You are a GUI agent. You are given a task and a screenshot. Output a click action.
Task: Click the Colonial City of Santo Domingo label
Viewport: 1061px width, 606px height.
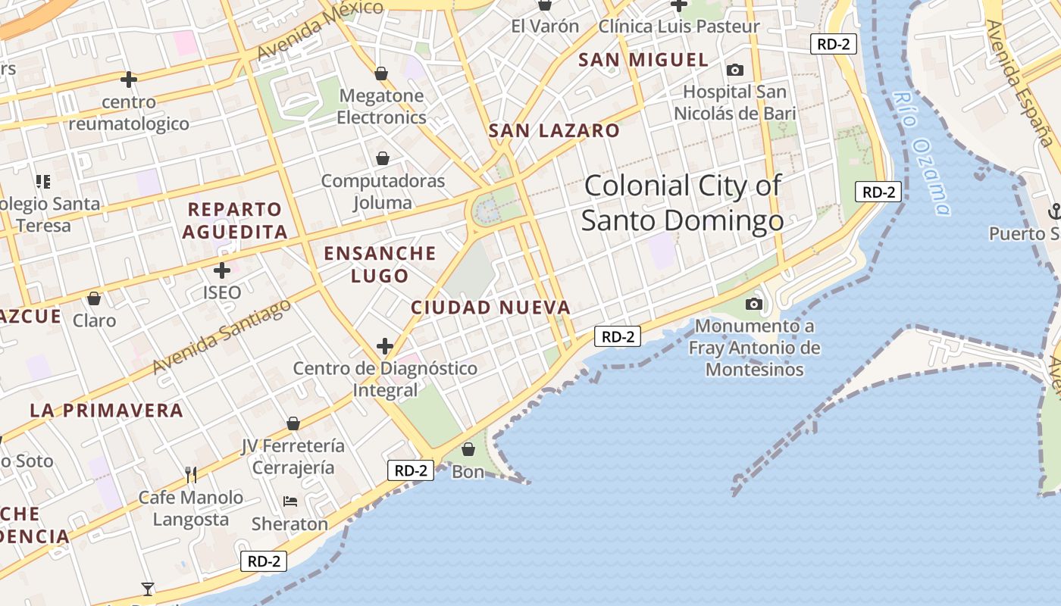pos(682,203)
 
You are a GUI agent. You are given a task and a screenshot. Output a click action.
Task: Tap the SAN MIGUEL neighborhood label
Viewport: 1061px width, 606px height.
pos(643,60)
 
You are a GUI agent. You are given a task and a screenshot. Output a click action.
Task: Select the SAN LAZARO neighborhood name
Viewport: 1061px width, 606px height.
pos(554,130)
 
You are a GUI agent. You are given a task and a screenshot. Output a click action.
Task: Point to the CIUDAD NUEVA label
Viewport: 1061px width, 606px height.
pos(490,308)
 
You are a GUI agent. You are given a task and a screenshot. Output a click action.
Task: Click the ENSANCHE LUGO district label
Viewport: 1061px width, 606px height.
pos(380,264)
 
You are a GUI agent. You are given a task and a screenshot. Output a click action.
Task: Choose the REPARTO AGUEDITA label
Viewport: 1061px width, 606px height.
pos(235,220)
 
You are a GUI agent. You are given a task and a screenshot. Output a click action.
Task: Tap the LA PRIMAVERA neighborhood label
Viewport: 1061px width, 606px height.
pos(107,411)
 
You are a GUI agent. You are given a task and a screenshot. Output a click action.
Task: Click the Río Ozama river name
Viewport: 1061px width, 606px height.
pos(922,153)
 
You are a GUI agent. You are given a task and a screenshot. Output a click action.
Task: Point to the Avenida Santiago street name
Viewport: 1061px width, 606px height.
pos(221,337)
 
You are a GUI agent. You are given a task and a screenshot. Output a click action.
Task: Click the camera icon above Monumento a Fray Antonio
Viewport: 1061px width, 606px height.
pos(753,304)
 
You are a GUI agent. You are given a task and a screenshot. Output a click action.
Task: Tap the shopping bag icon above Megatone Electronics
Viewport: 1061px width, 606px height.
pos(381,73)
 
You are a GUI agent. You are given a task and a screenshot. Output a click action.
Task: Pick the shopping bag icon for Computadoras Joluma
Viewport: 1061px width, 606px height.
pos(383,158)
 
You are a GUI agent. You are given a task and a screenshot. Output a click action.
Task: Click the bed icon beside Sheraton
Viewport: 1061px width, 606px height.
pos(290,501)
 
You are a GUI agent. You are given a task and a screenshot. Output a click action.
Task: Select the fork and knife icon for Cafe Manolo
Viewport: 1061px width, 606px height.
pos(191,475)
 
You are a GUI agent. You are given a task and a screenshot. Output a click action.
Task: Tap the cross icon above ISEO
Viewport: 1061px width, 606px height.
pos(222,270)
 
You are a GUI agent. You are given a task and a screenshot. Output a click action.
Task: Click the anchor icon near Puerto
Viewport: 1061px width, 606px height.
pos(1053,211)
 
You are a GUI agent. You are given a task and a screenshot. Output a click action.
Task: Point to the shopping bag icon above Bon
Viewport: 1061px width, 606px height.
pos(468,449)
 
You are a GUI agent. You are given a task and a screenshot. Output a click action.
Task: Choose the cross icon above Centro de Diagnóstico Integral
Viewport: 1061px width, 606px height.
pos(385,346)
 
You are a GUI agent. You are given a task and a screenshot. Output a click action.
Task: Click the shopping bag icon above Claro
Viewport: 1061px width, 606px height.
pos(94,298)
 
